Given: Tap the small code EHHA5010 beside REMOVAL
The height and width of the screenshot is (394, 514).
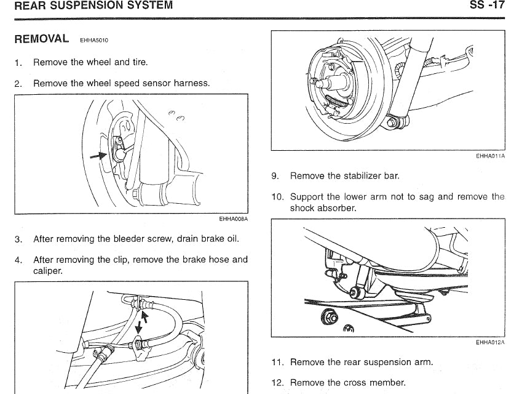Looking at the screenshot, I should [94, 41].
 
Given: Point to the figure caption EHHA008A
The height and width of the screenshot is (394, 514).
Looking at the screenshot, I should [233, 218].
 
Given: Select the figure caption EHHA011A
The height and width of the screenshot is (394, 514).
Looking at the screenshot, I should [490, 156].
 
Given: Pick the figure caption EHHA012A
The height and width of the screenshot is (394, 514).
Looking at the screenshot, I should [490, 342].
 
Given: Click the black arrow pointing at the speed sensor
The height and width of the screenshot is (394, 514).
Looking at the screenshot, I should [98, 156].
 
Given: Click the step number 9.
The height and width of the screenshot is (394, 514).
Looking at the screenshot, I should [275, 176].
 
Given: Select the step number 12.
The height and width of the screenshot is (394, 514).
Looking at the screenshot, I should [277, 382].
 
